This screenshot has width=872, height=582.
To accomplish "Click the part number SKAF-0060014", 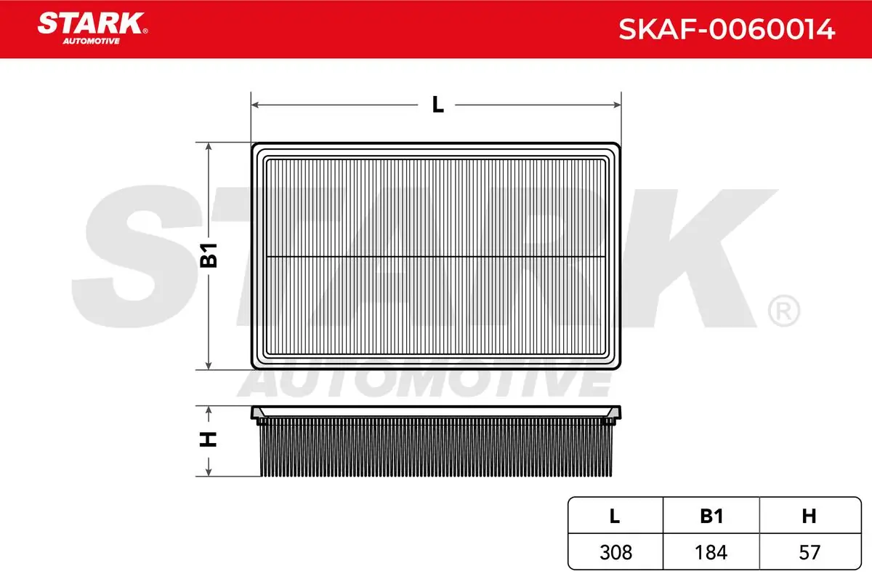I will tap(726, 30).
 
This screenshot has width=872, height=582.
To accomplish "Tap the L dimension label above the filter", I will tap(437, 105).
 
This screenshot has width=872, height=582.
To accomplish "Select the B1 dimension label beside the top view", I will tap(209, 255).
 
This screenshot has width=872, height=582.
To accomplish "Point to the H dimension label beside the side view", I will tap(209, 440).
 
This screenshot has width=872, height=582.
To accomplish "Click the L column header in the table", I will tap(615, 516).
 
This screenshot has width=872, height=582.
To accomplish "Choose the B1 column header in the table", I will tap(711, 516).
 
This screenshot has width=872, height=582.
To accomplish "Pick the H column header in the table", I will tap(809, 516).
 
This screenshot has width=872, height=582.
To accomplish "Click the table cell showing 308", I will tap(615, 552).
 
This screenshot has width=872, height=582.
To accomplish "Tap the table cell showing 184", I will tap(711, 552).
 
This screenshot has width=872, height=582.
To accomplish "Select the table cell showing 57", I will tap(809, 552).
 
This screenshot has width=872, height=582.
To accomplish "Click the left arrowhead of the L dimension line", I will tap(255, 105).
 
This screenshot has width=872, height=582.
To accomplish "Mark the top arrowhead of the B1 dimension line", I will tap(209, 146).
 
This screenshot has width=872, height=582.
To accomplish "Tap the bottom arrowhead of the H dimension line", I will tap(209, 473).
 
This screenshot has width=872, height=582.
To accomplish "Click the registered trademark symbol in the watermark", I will tap(783, 311).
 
